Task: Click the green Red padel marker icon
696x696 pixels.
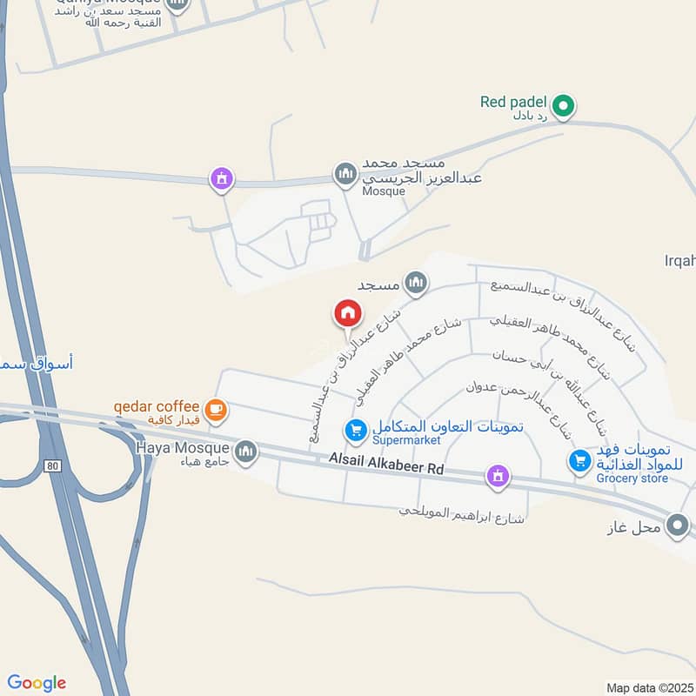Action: pyautogui.click(x=563, y=107)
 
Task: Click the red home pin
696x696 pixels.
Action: pyautogui.click(x=346, y=313)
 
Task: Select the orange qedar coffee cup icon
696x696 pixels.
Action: pyautogui.click(x=214, y=408)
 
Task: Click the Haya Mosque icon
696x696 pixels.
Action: pyautogui.click(x=246, y=451)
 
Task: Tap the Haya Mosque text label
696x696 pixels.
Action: pyautogui.click(x=182, y=448)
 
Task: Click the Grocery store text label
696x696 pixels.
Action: pyautogui.click(x=632, y=478)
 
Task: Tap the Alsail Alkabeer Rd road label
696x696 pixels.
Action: pyautogui.click(x=386, y=462)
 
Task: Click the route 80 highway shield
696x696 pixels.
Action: pyautogui.click(x=54, y=466)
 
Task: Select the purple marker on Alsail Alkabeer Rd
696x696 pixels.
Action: pyautogui.click(x=497, y=476)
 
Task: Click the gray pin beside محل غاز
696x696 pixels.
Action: pyautogui.click(x=677, y=525)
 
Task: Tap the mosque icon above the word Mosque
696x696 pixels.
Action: pyautogui.click(x=345, y=174)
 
